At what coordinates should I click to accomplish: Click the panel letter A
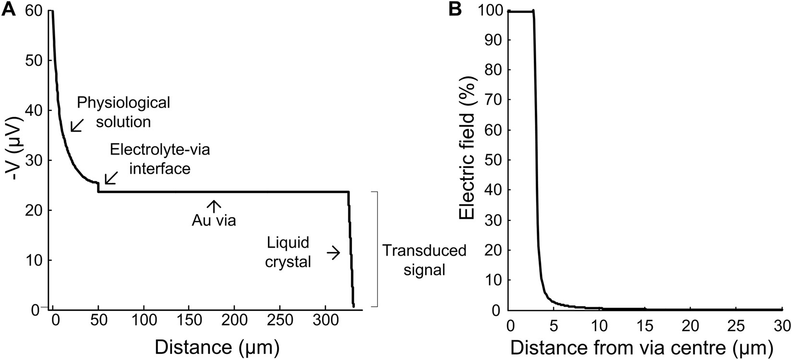point(9,10)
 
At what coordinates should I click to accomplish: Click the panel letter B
point(455,10)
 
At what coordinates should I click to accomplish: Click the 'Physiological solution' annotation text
point(123,112)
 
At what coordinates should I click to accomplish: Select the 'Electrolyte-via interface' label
point(160,159)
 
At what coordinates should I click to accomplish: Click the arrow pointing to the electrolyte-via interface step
point(110,178)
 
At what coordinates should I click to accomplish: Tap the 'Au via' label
point(214,221)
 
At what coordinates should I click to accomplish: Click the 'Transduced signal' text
point(424,260)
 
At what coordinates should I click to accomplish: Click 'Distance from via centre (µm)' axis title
point(642,347)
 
